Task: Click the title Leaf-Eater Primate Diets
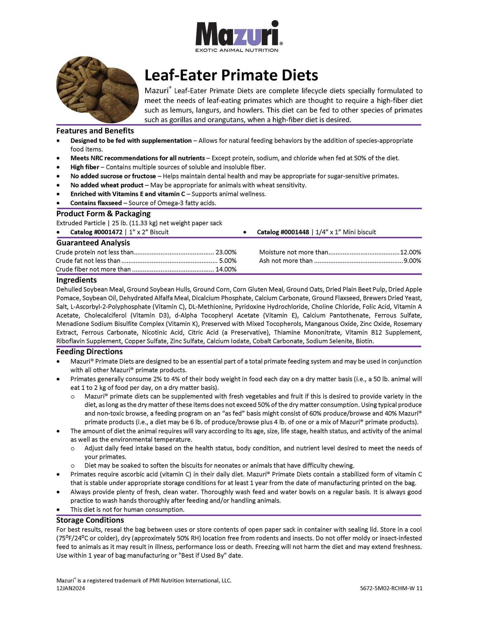[x=231, y=75]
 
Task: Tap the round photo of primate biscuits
[x=97, y=90]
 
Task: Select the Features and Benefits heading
[x=95, y=131]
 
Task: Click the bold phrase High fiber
[x=85, y=167]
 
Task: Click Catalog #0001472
[x=96, y=232]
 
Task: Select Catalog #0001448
[x=283, y=232]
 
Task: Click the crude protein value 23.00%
[x=226, y=252]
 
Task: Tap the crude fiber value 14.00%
[x=226, y=269]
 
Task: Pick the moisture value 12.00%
[x=410, y=252]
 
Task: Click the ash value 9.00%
[x=412, y=261]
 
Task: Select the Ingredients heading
[x=77, y=280]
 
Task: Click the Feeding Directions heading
[x=90, y=351]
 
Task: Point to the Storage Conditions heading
[x=90, y=520]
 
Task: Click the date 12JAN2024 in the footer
[x=71, y=588]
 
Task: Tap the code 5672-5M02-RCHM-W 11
[x=391, y=588]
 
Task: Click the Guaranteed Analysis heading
[x=93, y=243]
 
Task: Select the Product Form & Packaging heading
[x=103, y=214]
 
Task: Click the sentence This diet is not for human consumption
[x=127, y=510]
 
